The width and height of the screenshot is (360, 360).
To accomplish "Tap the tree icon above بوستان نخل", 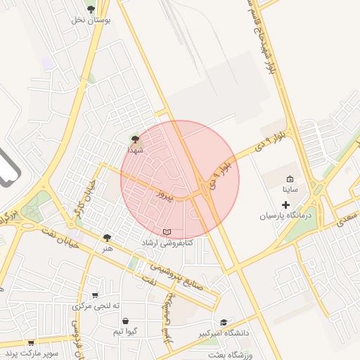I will (91, 8).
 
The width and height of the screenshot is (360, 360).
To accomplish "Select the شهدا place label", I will (135, 150).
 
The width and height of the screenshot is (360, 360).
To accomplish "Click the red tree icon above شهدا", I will (135, 140).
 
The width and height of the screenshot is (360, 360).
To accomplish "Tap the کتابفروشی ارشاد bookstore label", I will (167, 243).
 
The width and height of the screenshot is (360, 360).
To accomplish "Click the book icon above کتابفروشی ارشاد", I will (167, 232).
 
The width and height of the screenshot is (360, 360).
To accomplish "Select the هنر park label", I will (107, 248).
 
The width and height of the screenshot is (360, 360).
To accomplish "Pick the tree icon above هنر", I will (107, 238).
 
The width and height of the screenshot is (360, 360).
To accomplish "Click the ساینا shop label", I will (291, 190).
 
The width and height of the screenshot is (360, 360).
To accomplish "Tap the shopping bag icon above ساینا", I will (291, 179).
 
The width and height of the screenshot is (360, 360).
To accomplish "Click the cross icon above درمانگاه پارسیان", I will (285, 205).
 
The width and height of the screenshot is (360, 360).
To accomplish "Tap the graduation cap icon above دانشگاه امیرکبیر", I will (224, 323).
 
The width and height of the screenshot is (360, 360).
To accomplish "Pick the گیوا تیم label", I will (131, 330).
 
